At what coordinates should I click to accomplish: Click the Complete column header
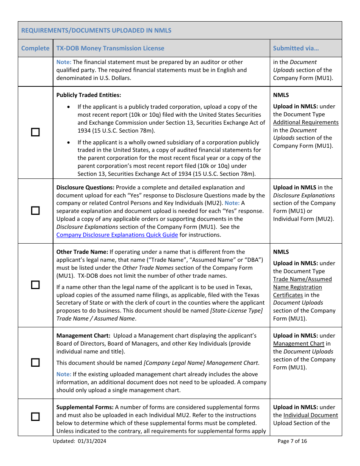click(x=35, y=48)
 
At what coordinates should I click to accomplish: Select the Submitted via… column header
click(x=296, y=48)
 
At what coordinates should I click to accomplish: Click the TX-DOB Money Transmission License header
click(x=110, y=48)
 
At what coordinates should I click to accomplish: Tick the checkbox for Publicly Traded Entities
click(x=35, y=132)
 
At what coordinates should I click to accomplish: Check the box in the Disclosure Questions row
click(x=35, y=211)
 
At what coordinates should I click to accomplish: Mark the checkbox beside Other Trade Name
click(x=35, y=285)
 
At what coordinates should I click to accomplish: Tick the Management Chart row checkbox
click(x=35, y=363)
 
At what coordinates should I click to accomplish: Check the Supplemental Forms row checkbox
click(x=35, y=417)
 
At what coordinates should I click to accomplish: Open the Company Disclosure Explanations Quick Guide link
click(x=117, y=235)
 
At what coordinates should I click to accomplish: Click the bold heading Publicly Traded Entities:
click(x=89, y=95)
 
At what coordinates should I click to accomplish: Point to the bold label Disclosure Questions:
click(x=85, y=188)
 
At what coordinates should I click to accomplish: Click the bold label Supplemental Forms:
click(x=85, y=407)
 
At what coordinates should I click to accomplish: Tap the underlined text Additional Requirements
click(x=306, y=122)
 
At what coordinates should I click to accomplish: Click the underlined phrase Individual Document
click(x=310, y=415)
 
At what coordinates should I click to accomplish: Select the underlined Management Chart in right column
click(x=299, y=344)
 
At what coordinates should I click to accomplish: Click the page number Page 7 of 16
click(x=292, y=441)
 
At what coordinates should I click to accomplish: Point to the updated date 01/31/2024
click(x=92, y=441)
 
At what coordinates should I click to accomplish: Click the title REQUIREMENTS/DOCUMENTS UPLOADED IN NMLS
click(x=96, y=30)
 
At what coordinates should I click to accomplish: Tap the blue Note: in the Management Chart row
click(x=64, y=374)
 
